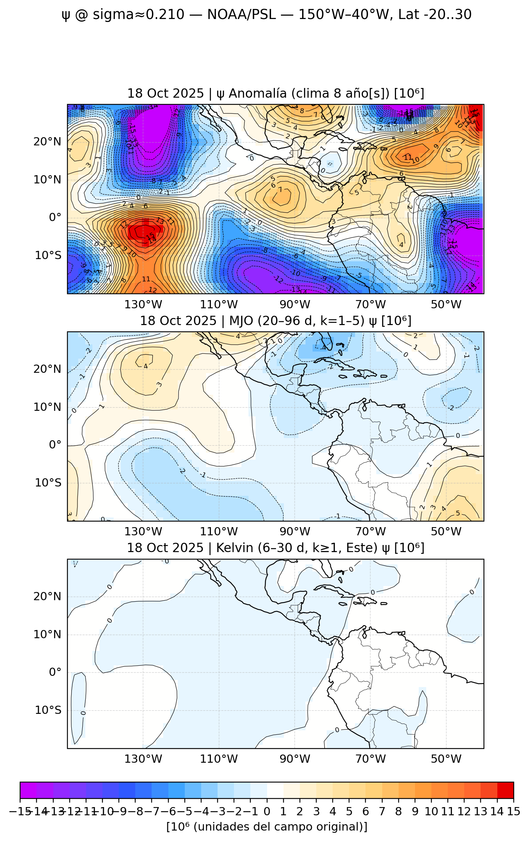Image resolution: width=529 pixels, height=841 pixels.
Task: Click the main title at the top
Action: pyautogui.click(x=266, y=15)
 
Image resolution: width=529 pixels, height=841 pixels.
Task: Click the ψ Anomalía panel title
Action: pyautogui.click(x=276, y=93)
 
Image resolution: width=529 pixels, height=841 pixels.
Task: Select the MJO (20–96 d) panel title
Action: pyautogui.click(x=276, y=321)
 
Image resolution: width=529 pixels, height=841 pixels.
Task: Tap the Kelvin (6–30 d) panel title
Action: pyautogui.click(x=276, y=548)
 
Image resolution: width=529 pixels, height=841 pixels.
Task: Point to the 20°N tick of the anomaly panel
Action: pyautogui.click(x=47, y=142)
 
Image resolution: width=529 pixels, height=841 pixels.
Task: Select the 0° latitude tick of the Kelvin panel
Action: pyautogui.click(x=55, y=672)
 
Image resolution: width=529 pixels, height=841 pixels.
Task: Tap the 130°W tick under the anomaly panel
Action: pyautogui.click(x=143, y=305)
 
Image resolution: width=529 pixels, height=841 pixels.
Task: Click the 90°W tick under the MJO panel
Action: pyautogui.click(x=295, y=532)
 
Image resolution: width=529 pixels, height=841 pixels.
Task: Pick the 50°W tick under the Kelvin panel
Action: pyautogui.click(x=446, y=759)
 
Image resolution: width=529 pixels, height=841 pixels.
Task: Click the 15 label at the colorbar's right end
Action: pyautogui.click(x=513, y=812)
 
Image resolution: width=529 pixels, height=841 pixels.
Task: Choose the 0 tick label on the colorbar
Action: pyautogui.click(x=267, y=812)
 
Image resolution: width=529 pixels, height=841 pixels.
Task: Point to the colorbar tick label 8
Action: pyautogui.click(x=398, y=812)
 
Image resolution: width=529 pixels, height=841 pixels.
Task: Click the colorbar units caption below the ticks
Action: pyautogui.click(x=267, y=826)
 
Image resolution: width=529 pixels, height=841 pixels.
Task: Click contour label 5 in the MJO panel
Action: pyautogui.click(x=458, y=513)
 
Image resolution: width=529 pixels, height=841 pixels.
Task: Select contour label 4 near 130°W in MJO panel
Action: pyautogui.click(x=146, y=366)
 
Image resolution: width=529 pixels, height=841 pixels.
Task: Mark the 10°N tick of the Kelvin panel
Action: pyautogui.click(x=47, y=634)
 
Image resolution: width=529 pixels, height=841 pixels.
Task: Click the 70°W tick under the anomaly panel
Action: pyautogui.click(x=370, y=305)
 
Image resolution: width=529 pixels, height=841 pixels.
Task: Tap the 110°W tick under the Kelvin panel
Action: pyautogui.click(x=219, y=759)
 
